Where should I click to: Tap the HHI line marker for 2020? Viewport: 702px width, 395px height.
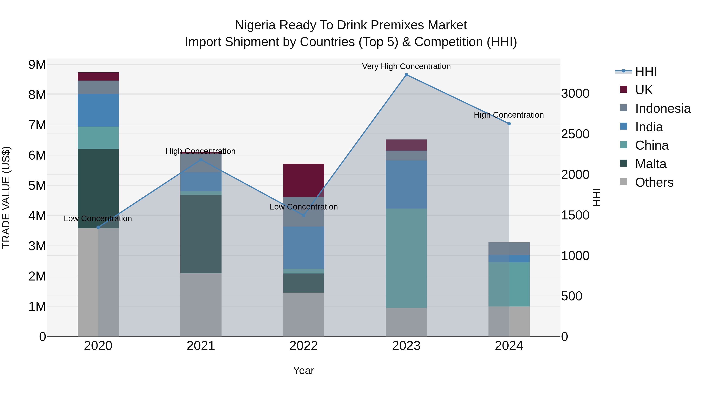tap(98, 227)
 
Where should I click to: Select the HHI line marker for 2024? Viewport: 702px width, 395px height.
tap(509, 123)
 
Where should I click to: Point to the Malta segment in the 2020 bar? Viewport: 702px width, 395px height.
tap(98, 188)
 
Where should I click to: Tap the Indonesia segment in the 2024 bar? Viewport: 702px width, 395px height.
tap(509, 248)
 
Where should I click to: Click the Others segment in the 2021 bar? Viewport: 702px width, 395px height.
tap(201, 304)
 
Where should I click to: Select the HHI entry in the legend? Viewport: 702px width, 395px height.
tap(646, 71)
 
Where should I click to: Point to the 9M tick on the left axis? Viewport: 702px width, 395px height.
tap(37, 65)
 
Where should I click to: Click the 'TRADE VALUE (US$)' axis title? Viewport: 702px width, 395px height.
tap(6, 197)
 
